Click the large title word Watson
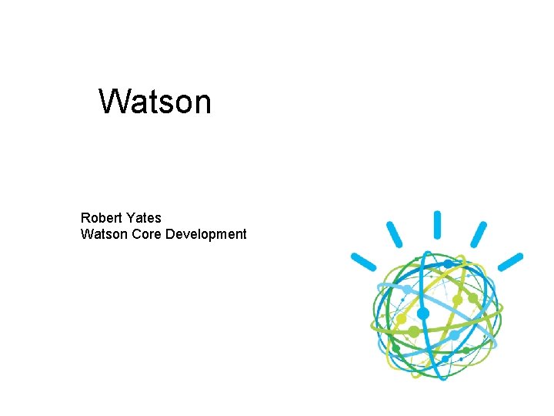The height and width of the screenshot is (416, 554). click(155, 101)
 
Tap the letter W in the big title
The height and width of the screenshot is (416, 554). click(113, 101)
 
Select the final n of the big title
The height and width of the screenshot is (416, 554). click(201, 104)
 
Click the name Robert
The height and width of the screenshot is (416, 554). click(101, 218)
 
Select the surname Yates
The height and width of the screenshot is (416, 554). click(143, 218)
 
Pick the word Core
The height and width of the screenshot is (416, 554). click(146, 234)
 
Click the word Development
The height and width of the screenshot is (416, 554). click(205, 234)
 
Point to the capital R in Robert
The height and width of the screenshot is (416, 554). click(85, 218)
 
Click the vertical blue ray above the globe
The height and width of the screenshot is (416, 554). click(437, 224)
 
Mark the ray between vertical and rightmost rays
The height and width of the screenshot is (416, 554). click(479, 234)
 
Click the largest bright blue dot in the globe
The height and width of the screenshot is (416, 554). click(422, 314)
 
